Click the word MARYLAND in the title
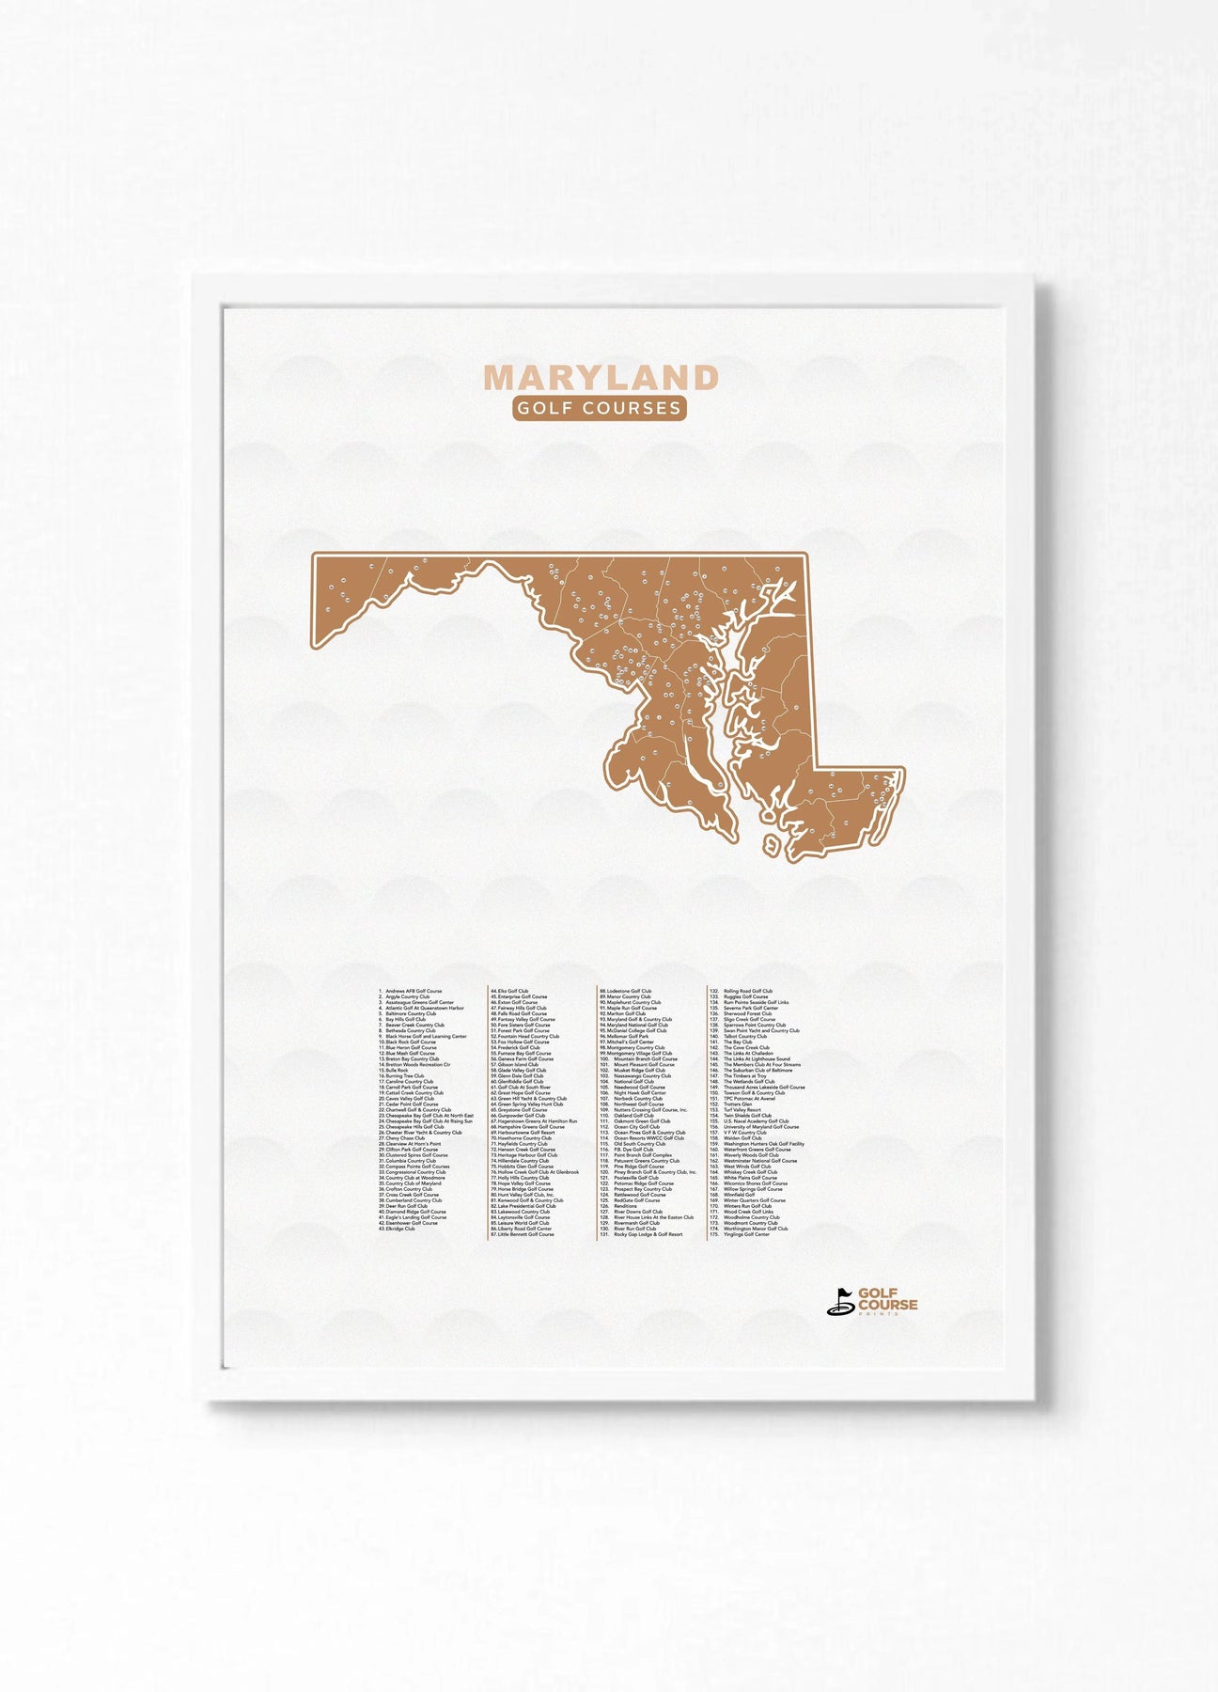601,378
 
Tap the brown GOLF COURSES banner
600,409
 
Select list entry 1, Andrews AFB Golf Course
412,991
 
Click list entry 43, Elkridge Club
398,1229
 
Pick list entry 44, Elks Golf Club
511,991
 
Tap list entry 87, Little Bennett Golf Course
523,1234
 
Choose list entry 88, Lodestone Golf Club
627,991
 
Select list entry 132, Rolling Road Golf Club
746,991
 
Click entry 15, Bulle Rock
395,1070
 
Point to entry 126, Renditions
625,1206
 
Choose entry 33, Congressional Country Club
414,1172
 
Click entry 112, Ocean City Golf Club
635,1126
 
